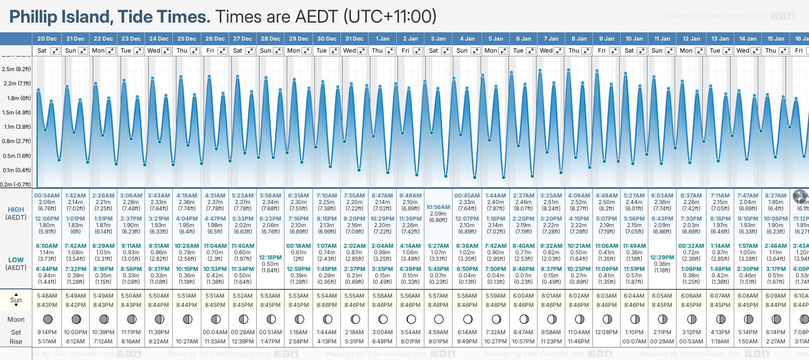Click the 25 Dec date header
187,39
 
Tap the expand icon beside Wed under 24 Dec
166,51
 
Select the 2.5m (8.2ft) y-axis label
16,69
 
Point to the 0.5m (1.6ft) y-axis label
16,156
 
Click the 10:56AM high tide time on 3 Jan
438,207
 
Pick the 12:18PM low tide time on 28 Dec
270,258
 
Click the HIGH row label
16,210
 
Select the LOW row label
16,260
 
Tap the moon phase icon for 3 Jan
439,319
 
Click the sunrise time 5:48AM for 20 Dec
47,296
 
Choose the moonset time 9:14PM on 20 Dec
47,332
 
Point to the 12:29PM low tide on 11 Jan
662,258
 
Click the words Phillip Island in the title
60,17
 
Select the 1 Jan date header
382,39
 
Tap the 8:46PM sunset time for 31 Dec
355,305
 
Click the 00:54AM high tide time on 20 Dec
47,196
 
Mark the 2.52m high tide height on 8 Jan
579,202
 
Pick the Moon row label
16,319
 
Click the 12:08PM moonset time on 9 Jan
606,332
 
